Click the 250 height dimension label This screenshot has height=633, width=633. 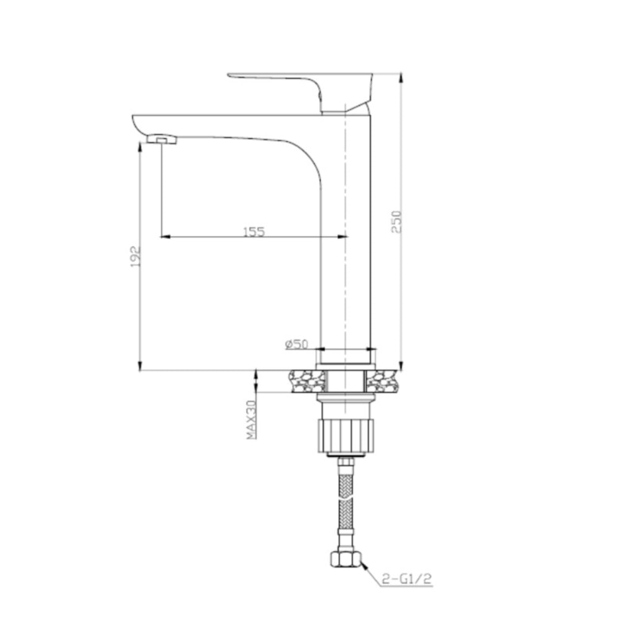(396, 222)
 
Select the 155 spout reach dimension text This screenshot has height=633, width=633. (254, 232)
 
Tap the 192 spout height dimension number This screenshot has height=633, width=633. (135, 256)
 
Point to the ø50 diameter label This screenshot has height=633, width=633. (296, 344)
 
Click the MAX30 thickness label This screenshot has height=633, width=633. (251, 420)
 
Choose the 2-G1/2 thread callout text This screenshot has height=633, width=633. (406, 579)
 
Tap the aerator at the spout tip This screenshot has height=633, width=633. (162, 140)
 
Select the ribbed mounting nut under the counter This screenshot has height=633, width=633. (346, 436)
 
